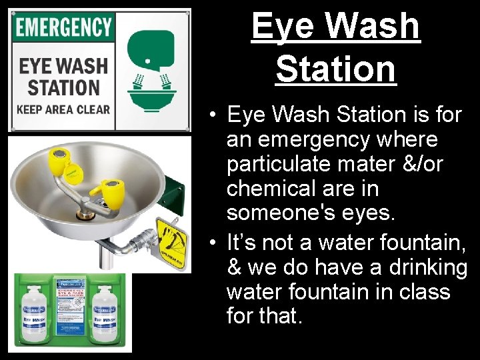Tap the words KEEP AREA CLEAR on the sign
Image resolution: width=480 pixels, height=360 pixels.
(63, 110)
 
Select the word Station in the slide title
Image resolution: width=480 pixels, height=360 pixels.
(335, 69)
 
